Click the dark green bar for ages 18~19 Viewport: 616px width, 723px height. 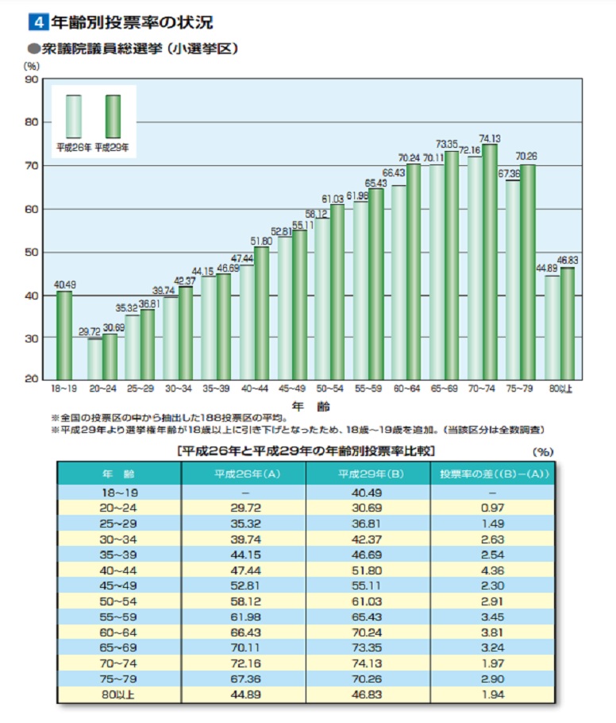click(x=64, y=334)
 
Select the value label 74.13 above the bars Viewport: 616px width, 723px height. click(x=490, y=137)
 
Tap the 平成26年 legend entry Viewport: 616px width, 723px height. click(x=73, y=147)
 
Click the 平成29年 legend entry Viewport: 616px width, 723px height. click(x=112, y=147)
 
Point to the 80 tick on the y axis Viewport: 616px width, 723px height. click(x=32, y=122)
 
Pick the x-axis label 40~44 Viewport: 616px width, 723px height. click(x=254, y=389)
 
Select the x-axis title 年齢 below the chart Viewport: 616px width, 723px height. click(x=305, y=405)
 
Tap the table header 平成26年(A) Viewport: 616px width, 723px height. click(x=244, y=475)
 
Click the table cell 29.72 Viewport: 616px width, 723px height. click(x=244, y=506)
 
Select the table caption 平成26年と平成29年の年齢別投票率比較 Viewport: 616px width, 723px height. click(x=305, y=450)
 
